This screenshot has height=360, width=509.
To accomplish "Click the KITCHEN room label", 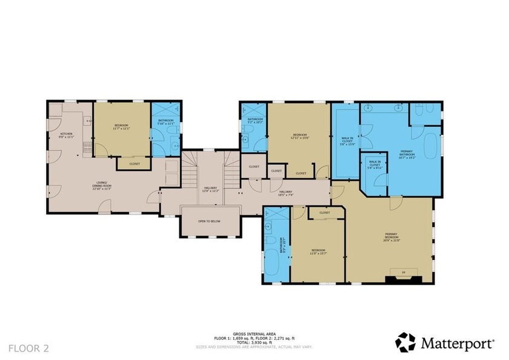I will pyautogui.click(x=66, y=135).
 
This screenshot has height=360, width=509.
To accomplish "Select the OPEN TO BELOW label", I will pyautogui.click(x=209, y=221).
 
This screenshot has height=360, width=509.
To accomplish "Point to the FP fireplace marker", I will pyautogui.click(x=404, y=273).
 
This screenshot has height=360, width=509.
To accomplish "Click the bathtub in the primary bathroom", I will pyautogui.click(x=431, y=147).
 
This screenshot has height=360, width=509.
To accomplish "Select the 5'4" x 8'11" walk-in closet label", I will pyautogui.click(x=374, y=166).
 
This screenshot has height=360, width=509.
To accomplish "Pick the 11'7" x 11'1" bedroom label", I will pyautogui.click(x=121, y=127).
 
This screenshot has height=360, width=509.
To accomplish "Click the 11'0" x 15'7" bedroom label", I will pyautogui.click(x=318, y=252).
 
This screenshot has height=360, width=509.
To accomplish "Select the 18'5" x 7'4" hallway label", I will pyautogui.click(x=285, y=193).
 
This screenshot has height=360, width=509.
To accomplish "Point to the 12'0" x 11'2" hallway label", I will pyautogui.click(x=210, y=188).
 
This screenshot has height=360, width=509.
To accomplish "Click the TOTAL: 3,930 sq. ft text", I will pyautogui.click(x=254, y=343).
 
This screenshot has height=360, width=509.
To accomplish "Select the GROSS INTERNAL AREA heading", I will pyautogui.click(x=254, y=334).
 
